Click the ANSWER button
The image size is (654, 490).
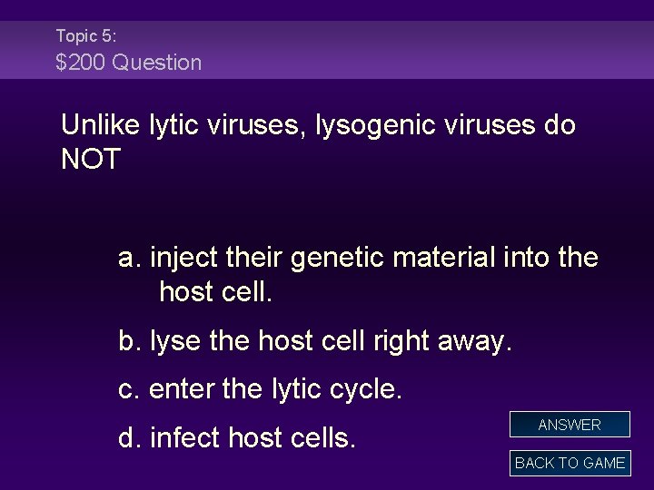[570, 425]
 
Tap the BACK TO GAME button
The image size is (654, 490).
[570, 463]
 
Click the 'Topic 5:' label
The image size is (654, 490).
[86, 36]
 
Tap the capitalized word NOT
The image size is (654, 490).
[90, 160]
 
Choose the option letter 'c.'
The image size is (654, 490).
[130, 390]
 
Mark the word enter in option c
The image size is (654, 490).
[177, 390]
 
